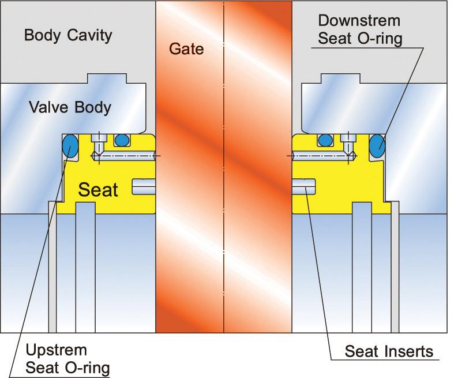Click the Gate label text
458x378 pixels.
coord(186,49)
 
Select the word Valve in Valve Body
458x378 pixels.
coord(47,107)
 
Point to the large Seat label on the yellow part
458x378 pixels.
coord(98,189)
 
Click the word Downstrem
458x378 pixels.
coord(359,21)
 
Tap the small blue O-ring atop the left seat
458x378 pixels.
coord(122,139)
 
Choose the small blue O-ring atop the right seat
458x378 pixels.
coord(325,139)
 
